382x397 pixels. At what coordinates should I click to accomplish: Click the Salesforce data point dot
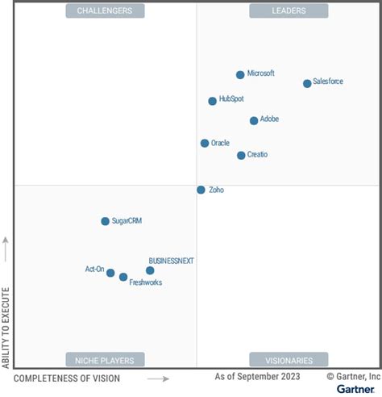(x=307, y=83)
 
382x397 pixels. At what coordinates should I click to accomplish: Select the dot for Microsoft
(x=240, y=75)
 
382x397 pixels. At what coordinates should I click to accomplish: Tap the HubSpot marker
(x=213, y=101)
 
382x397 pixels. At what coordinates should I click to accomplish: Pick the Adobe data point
(x=254, y=120)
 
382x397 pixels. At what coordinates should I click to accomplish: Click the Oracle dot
(x=205, y=143)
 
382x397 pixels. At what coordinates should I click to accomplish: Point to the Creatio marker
(x=241, y=155)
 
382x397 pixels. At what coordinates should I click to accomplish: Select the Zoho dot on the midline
(x=201, y=190)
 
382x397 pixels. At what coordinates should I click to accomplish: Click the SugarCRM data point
(x=105, y=221)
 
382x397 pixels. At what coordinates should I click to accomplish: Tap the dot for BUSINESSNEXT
(x=150, y=270)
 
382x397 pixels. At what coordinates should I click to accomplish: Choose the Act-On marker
(x=110, y=273)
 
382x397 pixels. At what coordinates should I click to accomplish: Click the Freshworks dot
(x=123, y=277)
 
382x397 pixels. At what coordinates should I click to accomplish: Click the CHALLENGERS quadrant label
(x=105, y=10)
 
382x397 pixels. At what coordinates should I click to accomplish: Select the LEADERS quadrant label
(x=289, y=10)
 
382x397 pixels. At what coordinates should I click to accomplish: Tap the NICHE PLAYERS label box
(x=105, y=360)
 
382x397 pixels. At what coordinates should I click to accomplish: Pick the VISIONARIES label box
(x=289, y=360)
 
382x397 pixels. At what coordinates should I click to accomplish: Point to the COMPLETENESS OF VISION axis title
(x=67, y=378)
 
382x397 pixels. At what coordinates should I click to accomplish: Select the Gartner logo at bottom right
(x=355, y=389)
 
